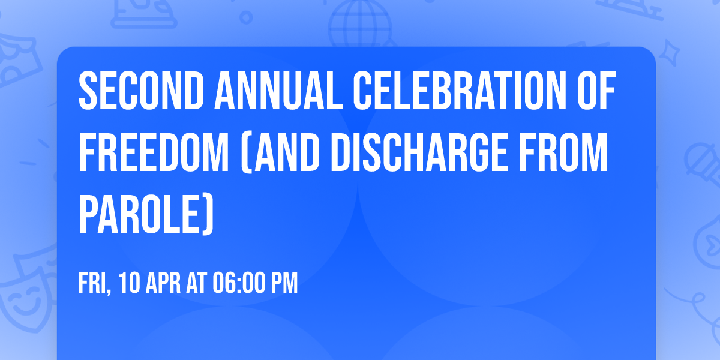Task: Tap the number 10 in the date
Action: pos(130,283)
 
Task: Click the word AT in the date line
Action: pos(196,283)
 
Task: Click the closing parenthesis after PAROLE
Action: pos(207,215)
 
